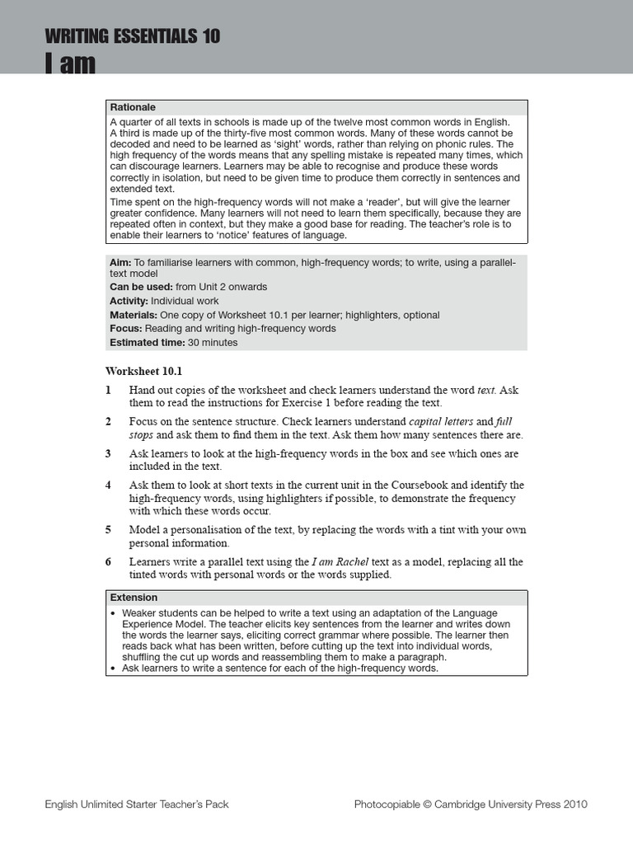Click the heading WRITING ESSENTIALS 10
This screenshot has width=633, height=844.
click(133, 36)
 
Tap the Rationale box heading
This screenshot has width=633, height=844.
click(133, 107)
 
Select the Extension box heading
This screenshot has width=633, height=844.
click(134, 598)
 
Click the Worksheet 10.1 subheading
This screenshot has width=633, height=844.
click(143, 371)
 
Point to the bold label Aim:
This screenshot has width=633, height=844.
click(120, 262)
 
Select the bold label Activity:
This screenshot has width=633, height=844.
click(129, 301)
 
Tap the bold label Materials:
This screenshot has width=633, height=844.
click(134, 315)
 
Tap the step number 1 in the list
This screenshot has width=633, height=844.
click(109, 390)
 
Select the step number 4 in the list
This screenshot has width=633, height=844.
click(109, 485)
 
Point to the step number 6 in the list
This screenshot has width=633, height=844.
click(109, 562)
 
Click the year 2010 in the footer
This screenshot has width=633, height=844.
click(575, 804)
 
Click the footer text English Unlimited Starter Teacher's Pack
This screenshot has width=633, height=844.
click(137, 804)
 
